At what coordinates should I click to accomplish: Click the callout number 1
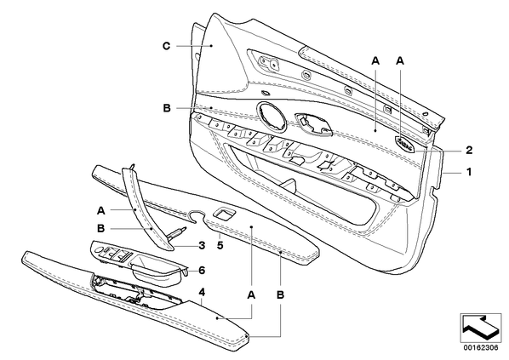coord(469,172)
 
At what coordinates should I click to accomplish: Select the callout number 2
coord(469,150)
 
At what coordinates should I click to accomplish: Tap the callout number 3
coord(202,245)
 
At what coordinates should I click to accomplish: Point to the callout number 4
coord(202,292)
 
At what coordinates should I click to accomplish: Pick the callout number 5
coord(220,245)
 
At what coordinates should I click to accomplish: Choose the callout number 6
coord(202,270)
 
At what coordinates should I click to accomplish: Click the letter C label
coord(166,46)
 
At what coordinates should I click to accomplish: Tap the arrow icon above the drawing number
coord(481,327)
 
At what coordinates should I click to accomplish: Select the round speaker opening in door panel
coord(272,117)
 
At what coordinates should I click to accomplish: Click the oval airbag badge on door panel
coord(405,143)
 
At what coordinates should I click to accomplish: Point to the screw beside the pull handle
coord(177,233)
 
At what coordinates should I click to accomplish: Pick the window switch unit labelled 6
coord(140,263)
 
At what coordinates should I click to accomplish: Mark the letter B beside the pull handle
coord(101,229)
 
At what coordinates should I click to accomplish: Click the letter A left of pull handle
coord(101,211)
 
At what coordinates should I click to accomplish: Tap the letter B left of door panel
coord(167,108)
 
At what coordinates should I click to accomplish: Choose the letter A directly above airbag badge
coord(400,60)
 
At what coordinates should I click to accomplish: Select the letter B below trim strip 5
coord(281,295)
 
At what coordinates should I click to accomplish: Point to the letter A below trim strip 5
coord(251,295)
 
